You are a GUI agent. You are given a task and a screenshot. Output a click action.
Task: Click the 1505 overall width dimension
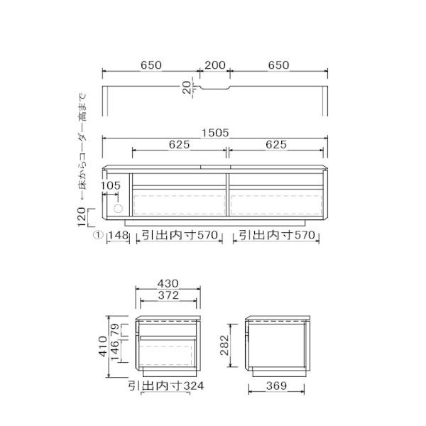pyautogui.click(x=215, y=133)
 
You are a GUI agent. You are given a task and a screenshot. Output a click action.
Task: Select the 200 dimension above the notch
pyautogui.click(x=215, y=65)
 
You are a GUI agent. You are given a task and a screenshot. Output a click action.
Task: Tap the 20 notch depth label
pyautogui.click(x=187, y=88)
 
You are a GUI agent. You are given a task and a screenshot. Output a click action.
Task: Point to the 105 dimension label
pyautogui.click(x=110, y=185)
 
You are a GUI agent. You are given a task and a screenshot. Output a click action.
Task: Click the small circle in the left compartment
pyautogui.click(x=118, y=209)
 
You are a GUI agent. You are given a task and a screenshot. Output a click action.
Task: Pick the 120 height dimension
pyautogui.click(x=82, y=217)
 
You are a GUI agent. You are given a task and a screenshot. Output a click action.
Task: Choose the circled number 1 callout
pyautogui.click(x=98, y=235)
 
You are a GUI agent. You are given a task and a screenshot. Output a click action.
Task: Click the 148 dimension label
pyautogui.click(x=119, y=235)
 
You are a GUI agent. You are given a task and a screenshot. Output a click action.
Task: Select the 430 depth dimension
pyautogui.click(x=168, y=283)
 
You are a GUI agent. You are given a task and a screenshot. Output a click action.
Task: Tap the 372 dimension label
pyautogui.click(x=168, y=295)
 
